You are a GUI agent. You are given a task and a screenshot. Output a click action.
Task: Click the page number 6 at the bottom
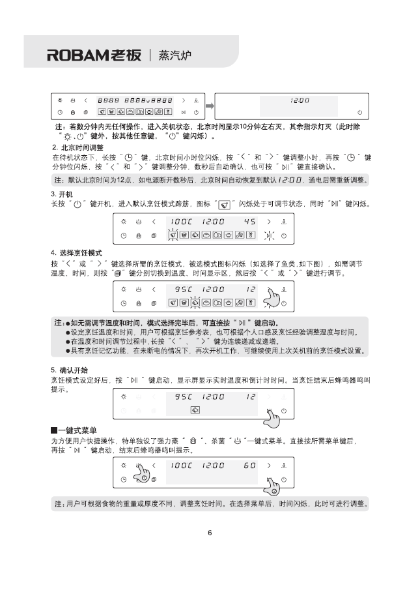[210, 532]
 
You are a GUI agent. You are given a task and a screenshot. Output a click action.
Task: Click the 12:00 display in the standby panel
[300, 100]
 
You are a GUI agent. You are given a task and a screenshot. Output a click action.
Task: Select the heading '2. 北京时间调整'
[77, 148]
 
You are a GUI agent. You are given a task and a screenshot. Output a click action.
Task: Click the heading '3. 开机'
[62, 195]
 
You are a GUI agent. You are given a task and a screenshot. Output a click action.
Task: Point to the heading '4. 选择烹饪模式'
[77, 252]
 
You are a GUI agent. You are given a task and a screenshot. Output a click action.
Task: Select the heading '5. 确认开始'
[70, 370]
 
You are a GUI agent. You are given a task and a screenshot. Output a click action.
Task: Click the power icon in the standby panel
[359, 113]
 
